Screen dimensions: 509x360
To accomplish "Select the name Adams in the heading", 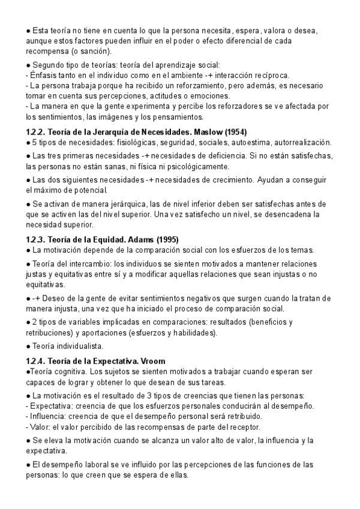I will pos(138,239).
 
